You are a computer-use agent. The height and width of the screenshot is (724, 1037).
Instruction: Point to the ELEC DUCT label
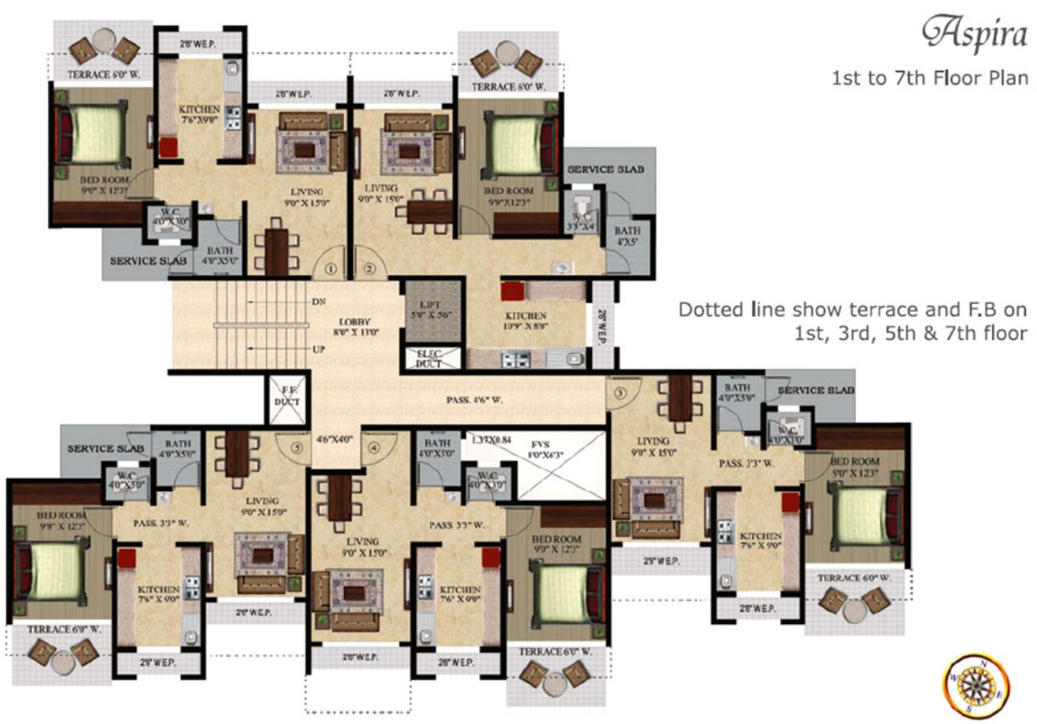[x=429, y=358]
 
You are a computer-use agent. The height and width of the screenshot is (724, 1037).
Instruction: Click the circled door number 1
[x=331, y=269]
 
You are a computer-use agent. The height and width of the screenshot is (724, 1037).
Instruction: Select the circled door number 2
[x=368, y=269]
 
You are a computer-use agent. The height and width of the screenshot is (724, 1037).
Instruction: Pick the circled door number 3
[x=620, y=391]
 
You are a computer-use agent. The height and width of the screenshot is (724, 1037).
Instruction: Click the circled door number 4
[x=373, y=448]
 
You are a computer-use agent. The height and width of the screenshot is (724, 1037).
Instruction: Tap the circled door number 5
[x=297, y=448]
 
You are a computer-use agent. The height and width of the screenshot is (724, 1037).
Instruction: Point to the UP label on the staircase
[x=316, y=350]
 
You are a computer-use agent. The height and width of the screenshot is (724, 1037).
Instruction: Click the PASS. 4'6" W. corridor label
[x=475, y=400]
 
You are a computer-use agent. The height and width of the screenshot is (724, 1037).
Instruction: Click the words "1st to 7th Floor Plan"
[x=929, y=78]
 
